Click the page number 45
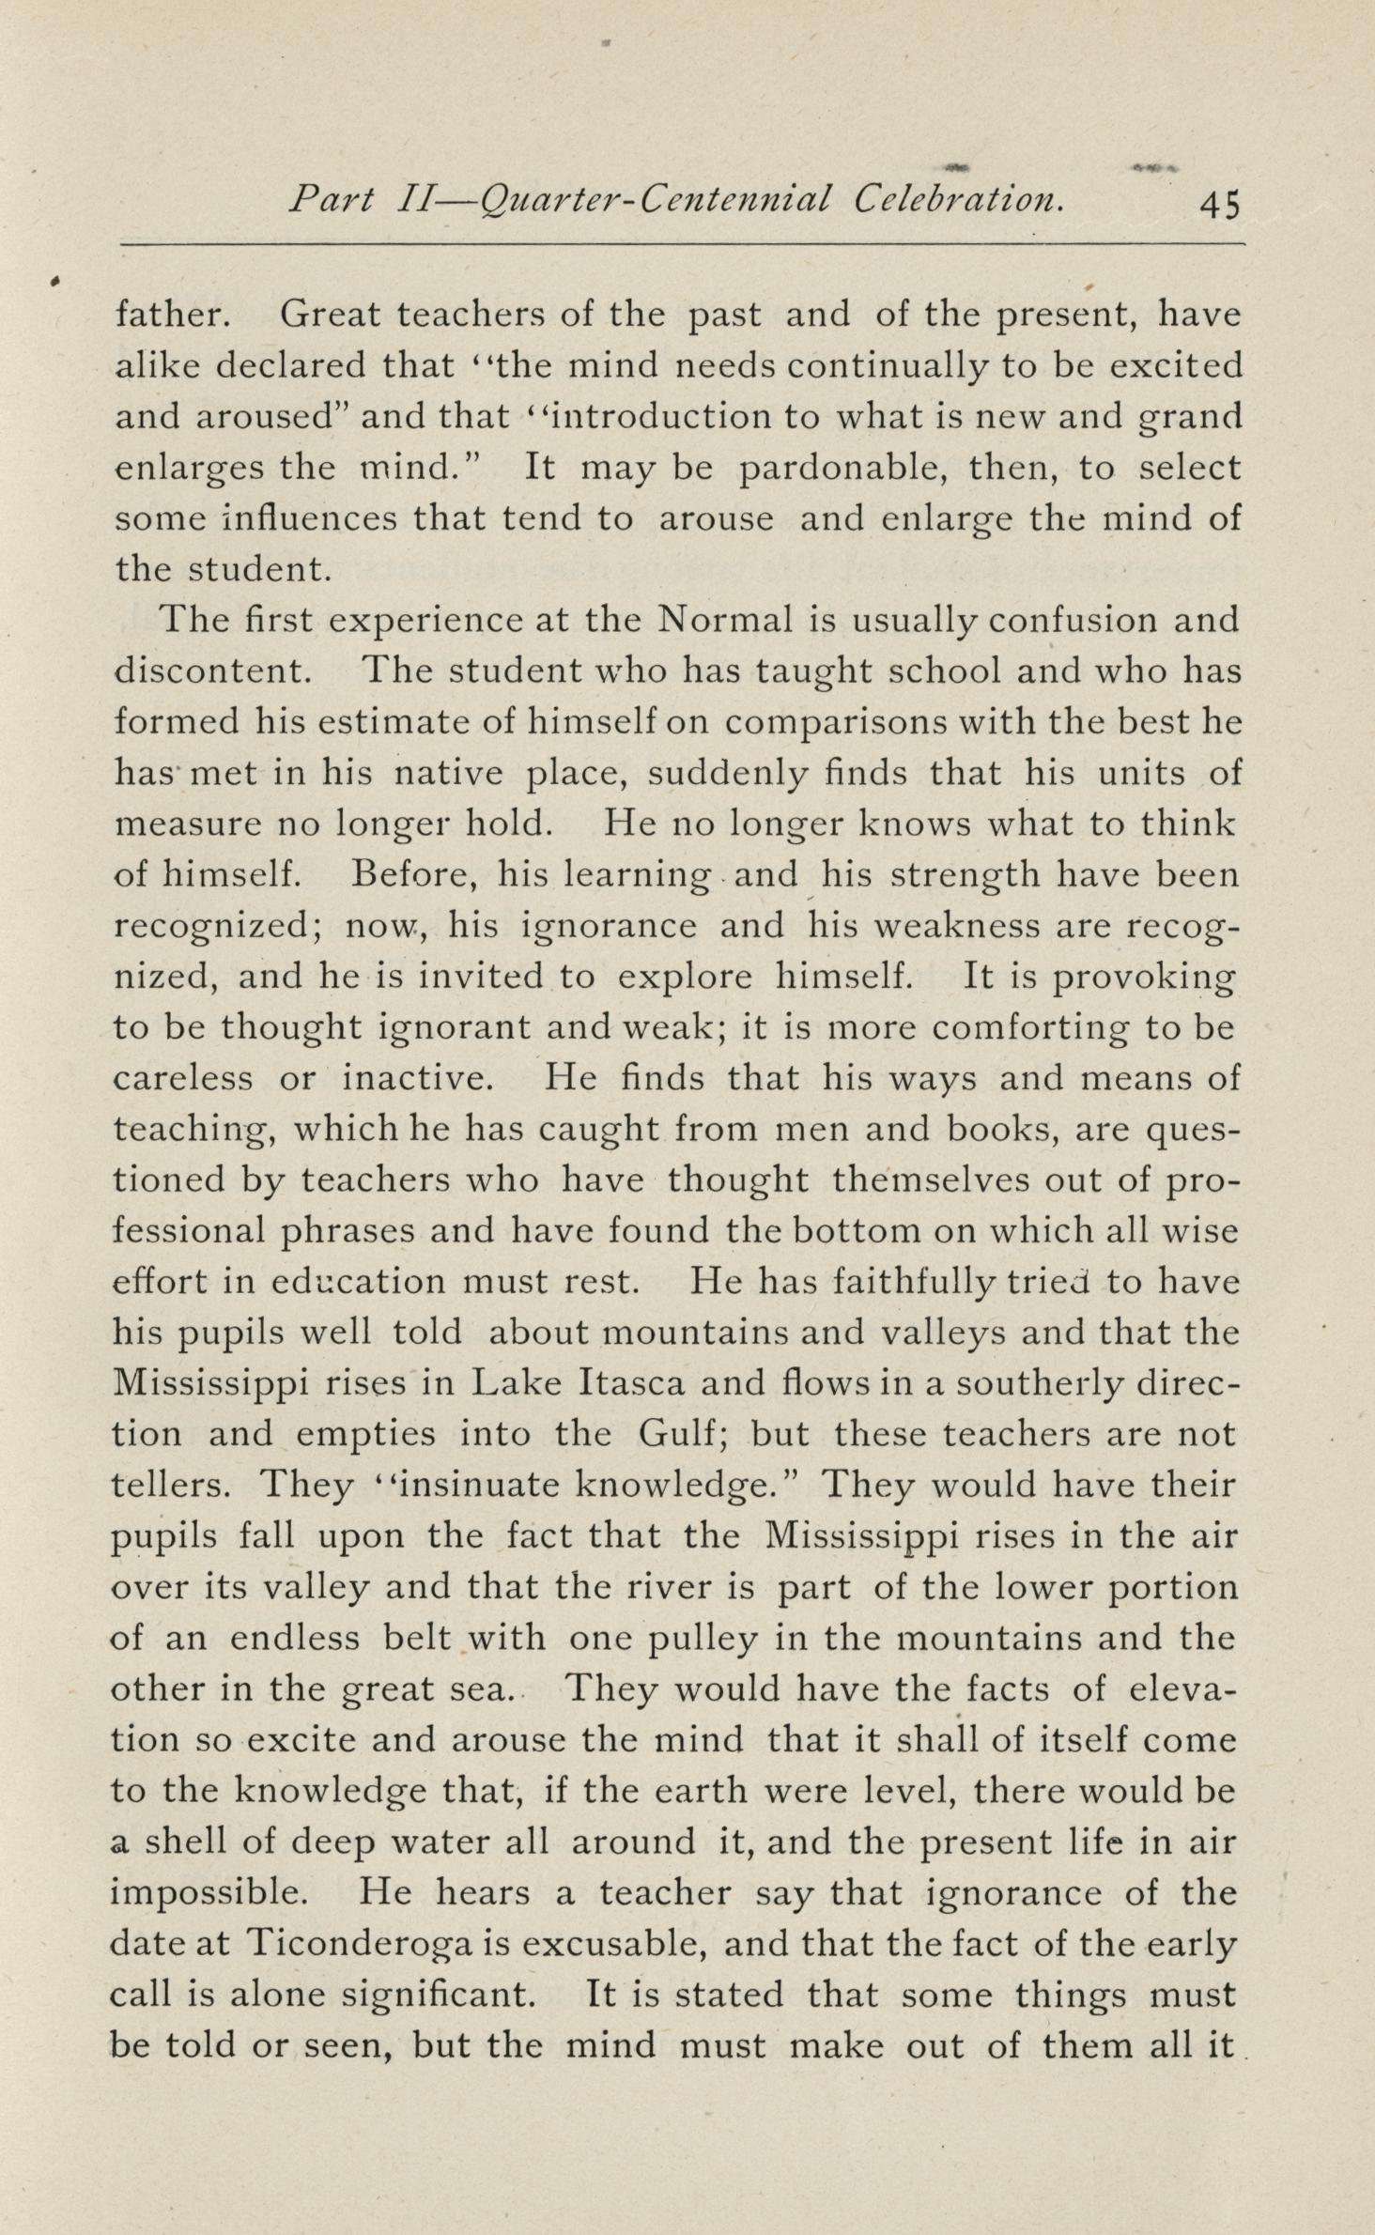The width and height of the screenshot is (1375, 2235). click(1220, 204)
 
